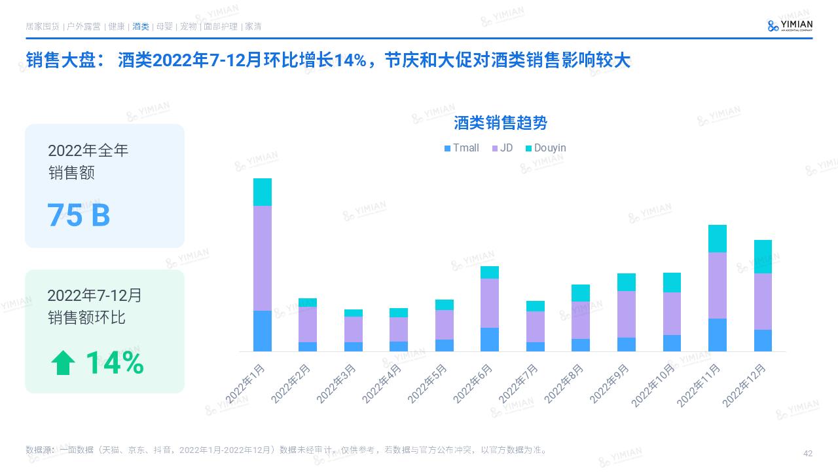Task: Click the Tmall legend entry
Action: tap(462, 148)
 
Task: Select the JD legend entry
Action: tap(501, 148)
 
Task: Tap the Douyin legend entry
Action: tap(545, 148)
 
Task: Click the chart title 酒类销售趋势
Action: tap(501, 123)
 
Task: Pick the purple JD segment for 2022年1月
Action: tap(263, 258)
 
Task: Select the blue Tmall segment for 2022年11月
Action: tap(718, 334)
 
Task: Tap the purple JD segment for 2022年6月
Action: tap(490, 303)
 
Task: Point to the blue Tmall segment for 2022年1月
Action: tap(263, 330)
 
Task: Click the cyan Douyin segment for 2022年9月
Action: tap(627, 282)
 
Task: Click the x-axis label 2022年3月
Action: tap(337, 383)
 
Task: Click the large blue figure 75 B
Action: tap(79, 215)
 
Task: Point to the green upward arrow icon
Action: tap(63, 363)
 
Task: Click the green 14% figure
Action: tap(115, 363)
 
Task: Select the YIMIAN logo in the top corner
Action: tap(790, 26)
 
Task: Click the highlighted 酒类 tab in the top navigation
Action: tap(140, 27)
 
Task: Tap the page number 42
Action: tap(807, 454)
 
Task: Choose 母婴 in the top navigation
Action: tap(164, 27)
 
